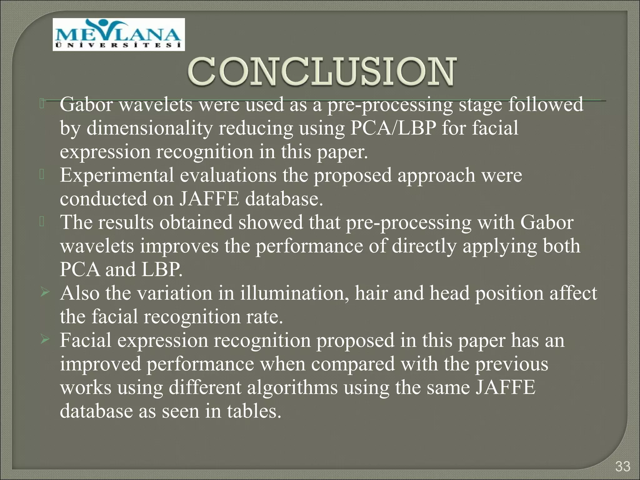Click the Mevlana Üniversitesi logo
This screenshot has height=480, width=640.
tap(119, 34)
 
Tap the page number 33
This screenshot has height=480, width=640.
tap(622, 467)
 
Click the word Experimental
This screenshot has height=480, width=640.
tap(117, 175)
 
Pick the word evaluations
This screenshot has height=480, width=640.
tap(228, 175)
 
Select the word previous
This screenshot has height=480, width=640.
tap(512, 364)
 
